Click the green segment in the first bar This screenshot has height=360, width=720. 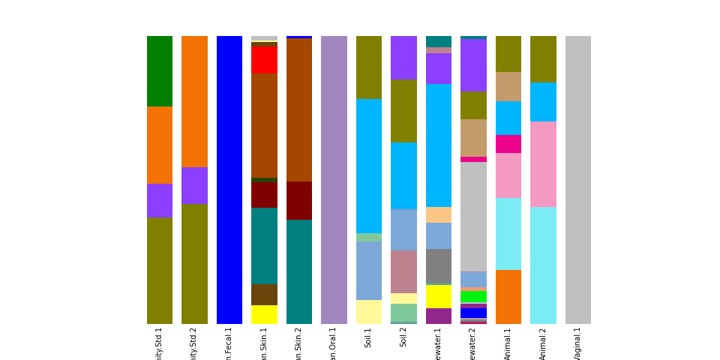(x=160, y=70)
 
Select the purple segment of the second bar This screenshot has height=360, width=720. (x=194, y=185)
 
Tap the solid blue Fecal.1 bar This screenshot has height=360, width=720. (x=229, y=180)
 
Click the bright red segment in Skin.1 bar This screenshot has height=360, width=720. (x=264, y=59)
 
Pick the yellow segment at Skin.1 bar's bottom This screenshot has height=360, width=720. (x=264, y=314)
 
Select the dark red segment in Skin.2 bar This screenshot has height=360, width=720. (x=299, y=200)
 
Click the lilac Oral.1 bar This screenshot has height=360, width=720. (x=334, y=180)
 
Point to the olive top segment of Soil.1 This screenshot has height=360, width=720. (x=369, y=67)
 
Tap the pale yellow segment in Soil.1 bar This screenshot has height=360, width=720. (x=369, y=311)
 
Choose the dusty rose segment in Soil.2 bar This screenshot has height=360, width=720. (x=403, y=271)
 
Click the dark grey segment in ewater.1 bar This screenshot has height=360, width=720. (x=439, y=265)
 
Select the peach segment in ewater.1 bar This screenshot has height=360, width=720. (x=439, y=214)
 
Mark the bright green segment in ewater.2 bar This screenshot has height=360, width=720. (x=473, y=297)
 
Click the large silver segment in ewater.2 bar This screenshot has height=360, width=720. (x=473, y=216)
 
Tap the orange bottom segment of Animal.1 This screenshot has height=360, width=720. (x=508, y=296)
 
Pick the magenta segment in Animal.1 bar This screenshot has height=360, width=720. (x=508, y=144)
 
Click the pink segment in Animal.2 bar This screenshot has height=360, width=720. (x=543, y=163)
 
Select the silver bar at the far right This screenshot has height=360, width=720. (x=578, y=180)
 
